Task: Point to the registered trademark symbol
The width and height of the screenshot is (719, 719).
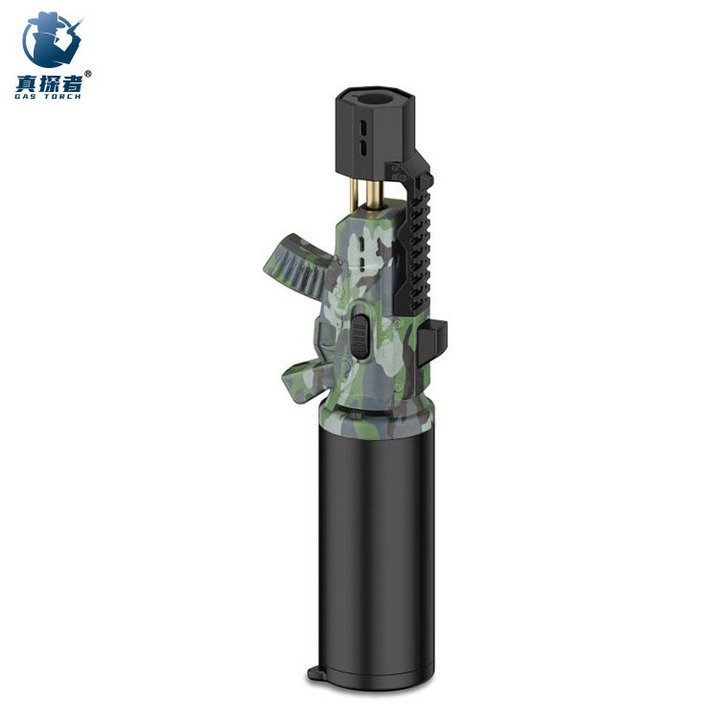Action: (88, 74)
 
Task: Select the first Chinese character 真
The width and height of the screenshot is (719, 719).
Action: (26, 82)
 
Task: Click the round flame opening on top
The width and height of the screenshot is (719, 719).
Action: (376, 97)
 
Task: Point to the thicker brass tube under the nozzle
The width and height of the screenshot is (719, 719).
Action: (374, 195)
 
